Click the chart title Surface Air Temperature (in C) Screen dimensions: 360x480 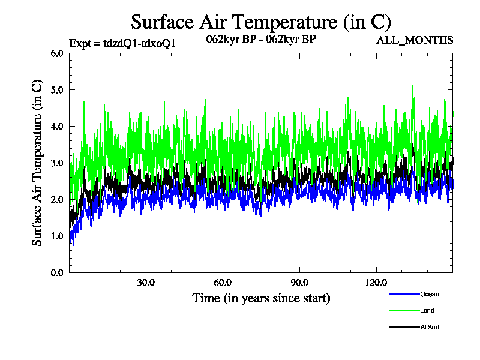tap(261, 22)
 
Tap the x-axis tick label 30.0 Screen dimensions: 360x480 tap(146, 283)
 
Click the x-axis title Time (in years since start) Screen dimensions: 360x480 tap(261, 298)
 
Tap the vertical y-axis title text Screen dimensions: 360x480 tap(37, 163)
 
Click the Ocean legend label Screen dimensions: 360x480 tap(430, 294)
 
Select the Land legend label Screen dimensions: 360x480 tap(427, 311)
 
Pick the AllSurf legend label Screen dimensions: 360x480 tap(431, 327)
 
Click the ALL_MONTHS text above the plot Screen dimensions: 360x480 tap(415, 40)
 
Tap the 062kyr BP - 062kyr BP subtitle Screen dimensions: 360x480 tap(261, 40)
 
